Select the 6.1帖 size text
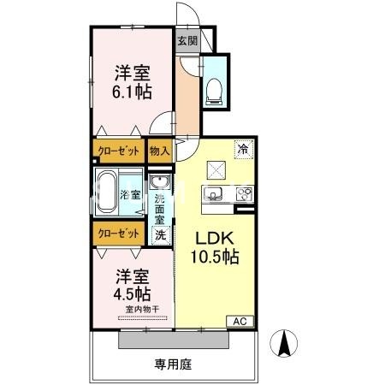click(132, 90)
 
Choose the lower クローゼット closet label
click(119, 234)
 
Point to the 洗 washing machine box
click(159, 234)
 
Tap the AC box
click(240, 322)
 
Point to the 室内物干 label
click(132, 311)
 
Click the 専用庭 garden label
click(173, 364)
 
